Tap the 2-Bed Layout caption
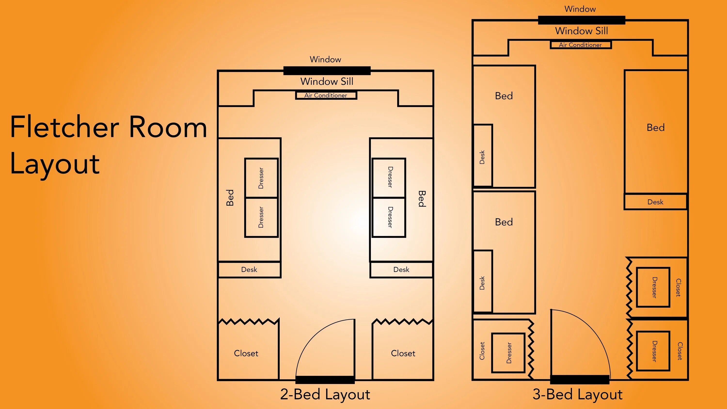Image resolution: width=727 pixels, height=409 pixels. (x=325, y=394)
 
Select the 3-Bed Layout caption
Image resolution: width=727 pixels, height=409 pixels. (x=577, y=394)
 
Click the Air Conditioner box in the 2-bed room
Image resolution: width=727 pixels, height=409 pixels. (x=326, y=95)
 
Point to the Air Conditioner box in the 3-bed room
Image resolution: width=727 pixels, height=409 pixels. (x=581, y=45)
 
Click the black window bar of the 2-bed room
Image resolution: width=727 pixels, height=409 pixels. (x=327, y=71)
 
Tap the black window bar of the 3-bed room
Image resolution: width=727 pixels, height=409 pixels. (x=582, y=20)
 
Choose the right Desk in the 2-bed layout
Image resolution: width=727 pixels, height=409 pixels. (x=401, y=270)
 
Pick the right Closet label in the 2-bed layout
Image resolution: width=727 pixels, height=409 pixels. (x=403, y=353)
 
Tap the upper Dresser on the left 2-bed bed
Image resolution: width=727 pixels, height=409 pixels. (x=261, y=178)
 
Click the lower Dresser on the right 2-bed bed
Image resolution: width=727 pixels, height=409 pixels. (x=389, y=217)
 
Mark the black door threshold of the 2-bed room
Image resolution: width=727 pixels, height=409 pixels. (x=325, y=380)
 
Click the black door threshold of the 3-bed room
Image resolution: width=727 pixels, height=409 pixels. (x=580, y=380)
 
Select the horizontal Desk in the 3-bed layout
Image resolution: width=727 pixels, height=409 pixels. (x=655, y=202)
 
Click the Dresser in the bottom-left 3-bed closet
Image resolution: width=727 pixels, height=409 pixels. (x=508, y=353)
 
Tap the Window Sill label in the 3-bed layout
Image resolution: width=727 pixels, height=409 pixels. (x=582, y=31)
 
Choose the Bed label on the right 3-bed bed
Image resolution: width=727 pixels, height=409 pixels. (x=656, y=128)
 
